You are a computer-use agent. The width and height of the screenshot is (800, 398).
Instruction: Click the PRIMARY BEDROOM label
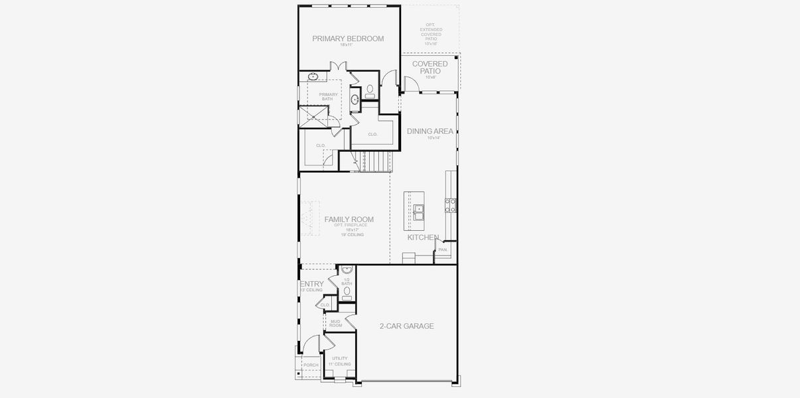(348, 38)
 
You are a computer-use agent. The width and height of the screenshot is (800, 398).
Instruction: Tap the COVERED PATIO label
(430, 67)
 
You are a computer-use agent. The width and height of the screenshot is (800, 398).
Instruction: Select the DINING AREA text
(430, 131)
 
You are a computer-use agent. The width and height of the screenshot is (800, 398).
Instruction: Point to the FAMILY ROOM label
(349, 220)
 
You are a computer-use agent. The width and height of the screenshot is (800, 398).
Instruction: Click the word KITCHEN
(423, 237)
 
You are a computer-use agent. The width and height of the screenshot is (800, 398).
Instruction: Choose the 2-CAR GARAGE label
(406, 326)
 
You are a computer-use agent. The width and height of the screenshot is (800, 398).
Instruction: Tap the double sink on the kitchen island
(419, 212)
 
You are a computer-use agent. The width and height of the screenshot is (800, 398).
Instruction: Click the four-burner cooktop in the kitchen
(451, 206)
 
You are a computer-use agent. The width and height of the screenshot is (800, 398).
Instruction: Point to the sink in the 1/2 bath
(346, 271)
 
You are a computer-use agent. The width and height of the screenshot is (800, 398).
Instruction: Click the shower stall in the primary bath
(313, 117)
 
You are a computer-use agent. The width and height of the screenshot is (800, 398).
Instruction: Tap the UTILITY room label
(340, 358)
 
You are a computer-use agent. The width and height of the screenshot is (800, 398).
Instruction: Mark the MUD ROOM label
(335, 323)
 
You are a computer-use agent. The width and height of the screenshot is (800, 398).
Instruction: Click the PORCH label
(311, 365)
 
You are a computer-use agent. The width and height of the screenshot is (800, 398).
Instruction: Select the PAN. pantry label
(443, 249)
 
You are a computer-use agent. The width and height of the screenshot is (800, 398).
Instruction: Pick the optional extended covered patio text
(430, 34)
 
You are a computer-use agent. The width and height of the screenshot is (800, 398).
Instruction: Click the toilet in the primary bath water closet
(370, 90)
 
